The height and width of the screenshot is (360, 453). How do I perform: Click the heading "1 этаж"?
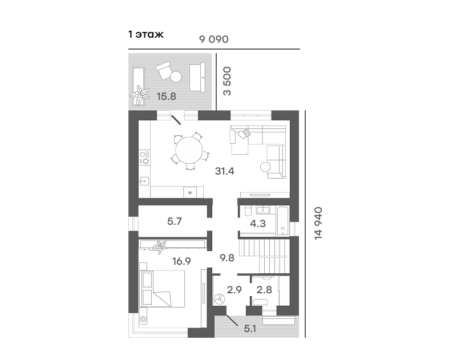coord(146,34)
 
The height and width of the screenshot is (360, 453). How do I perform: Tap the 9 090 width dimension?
coord(214,39)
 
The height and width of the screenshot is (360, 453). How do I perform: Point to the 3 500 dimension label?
coord(228,81)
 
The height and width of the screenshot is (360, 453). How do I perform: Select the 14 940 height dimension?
coord(318,223)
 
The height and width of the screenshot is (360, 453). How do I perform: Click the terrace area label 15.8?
coord(167,96)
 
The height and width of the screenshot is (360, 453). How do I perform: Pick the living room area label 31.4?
coord(224,171)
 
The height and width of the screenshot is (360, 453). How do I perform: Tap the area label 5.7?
coord(175,221)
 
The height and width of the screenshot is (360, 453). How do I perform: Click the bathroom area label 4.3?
coord(258,223)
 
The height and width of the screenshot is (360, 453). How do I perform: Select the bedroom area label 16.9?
coord(181,261)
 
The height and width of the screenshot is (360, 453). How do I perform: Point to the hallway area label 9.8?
coord(227,258)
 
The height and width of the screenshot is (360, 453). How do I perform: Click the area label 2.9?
coord(234,289)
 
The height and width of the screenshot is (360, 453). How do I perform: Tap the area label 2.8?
coord(264,289)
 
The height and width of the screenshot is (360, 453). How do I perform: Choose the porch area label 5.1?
coord(250,329)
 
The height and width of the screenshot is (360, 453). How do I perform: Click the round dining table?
coord(189,149)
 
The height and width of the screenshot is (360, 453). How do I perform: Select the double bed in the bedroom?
coord(162,288)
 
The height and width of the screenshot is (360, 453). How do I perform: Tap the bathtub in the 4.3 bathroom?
coord(283,220)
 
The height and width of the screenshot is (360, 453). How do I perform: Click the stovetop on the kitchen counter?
coord(144,157)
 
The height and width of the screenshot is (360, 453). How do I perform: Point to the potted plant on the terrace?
coord(140,95)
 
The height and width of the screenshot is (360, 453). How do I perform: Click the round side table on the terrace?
coord(176,77)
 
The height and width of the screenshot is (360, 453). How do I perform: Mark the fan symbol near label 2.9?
coord(220,298)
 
